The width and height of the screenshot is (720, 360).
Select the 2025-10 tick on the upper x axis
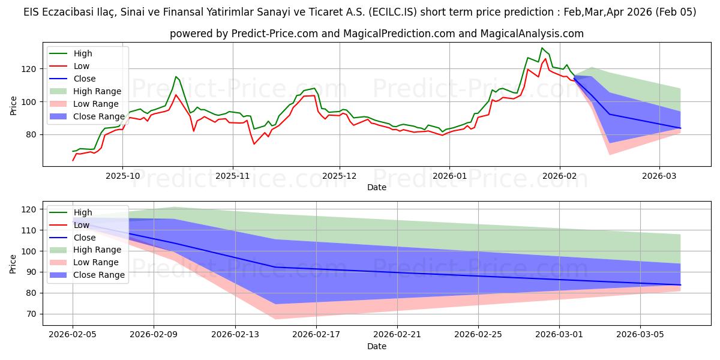click(122, 176)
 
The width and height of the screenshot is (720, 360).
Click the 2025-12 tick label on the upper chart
click(340, 176)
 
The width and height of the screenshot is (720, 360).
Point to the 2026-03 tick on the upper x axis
click(659, 176)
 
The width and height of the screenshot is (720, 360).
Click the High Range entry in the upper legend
click(97, 91)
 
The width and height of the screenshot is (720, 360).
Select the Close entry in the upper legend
click(85, 79)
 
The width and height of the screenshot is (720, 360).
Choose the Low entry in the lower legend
click(82, 225)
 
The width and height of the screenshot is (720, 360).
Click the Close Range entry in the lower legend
click(99, 275)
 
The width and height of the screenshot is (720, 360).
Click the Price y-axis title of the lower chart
click(13, 263)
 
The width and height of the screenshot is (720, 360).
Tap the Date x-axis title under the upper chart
click(377, 187)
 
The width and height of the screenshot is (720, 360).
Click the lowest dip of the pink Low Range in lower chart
click(275, 319)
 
